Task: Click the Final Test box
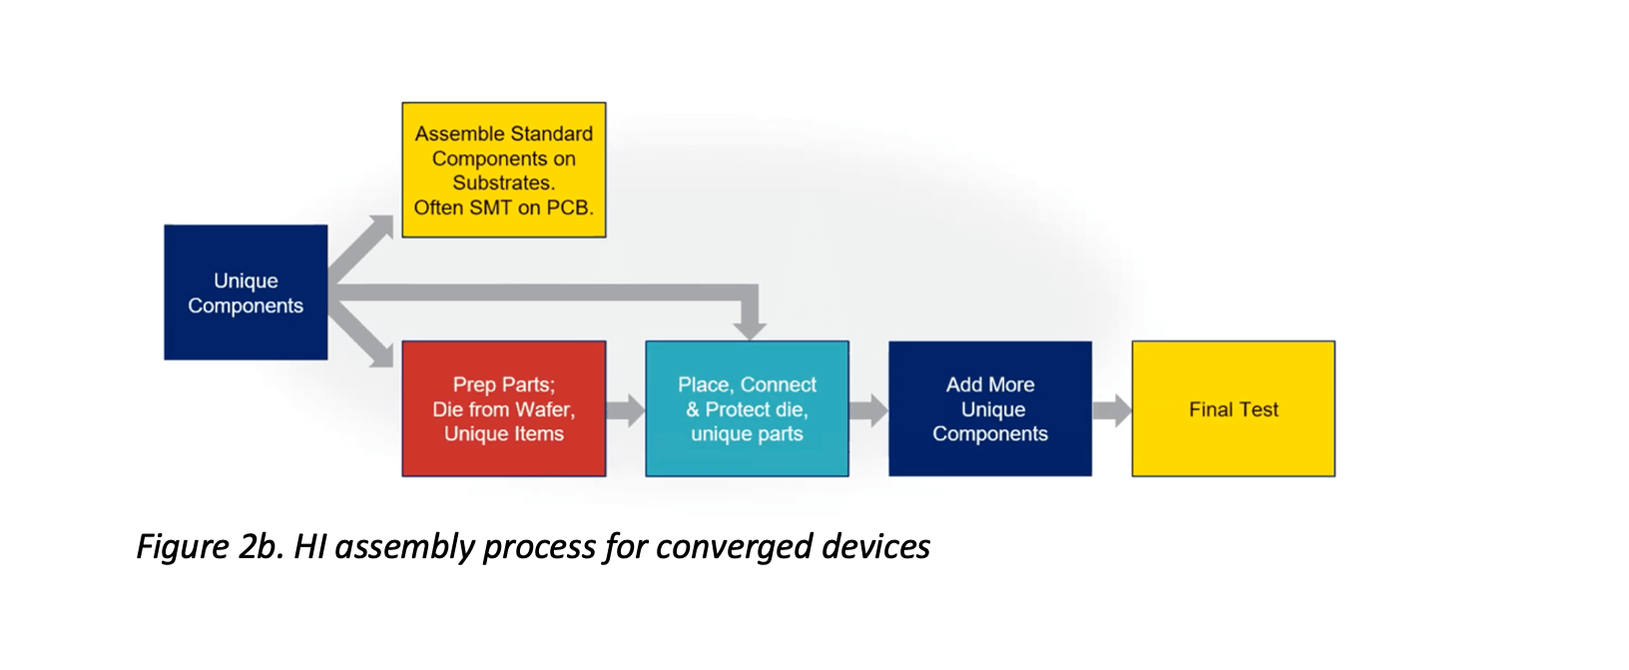1234,408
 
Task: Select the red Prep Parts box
504,408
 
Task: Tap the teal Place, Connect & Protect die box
747,408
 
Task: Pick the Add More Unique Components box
990,408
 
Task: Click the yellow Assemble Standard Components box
504,170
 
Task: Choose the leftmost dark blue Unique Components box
246,293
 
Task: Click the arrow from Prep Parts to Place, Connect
626,410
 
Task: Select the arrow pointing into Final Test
1112,410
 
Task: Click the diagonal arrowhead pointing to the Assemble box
381,227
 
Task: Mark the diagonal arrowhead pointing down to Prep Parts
381,355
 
